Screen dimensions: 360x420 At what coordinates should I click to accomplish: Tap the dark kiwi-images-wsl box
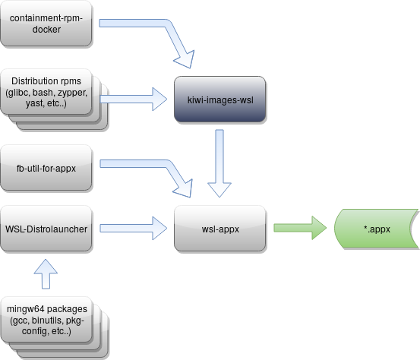pyautogui.click(x=219, y=99)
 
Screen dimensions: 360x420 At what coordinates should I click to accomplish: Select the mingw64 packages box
pyautogui.click(x=46, y=320)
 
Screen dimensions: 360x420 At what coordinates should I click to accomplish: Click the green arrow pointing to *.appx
pyautogui.click(x=298, y=226)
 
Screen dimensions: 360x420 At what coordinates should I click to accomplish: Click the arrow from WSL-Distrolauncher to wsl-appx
pyautogui.click(x=133, y=226)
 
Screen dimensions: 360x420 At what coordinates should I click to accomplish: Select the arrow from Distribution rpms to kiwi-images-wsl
pyautogui.click(x=133, y=97)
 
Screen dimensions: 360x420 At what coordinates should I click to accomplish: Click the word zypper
pyautogui.click(x=72, y=93)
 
